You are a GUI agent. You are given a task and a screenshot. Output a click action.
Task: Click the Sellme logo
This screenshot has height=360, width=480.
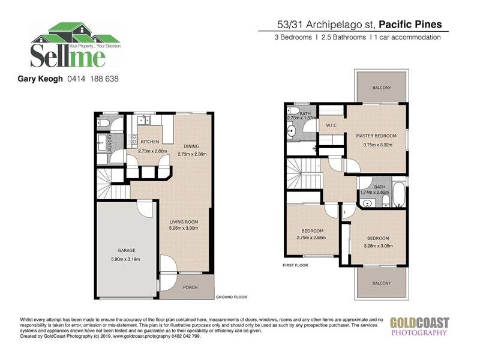(x=68, y=46)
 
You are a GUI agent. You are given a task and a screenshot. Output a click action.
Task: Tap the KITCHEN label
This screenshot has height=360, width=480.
(x=149, y=142)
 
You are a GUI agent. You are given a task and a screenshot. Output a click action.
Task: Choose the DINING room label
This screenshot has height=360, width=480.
(x=191, y=146)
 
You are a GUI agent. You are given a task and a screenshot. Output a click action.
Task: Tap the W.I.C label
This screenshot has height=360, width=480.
(x=331, y=125)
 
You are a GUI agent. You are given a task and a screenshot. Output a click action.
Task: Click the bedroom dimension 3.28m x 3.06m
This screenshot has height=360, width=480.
(x=378, y=245)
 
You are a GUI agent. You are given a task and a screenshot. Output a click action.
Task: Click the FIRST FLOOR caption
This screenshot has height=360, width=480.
(x=296, y=265)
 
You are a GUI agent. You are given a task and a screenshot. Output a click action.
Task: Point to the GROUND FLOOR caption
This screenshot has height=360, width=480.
(x=232, y=297)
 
